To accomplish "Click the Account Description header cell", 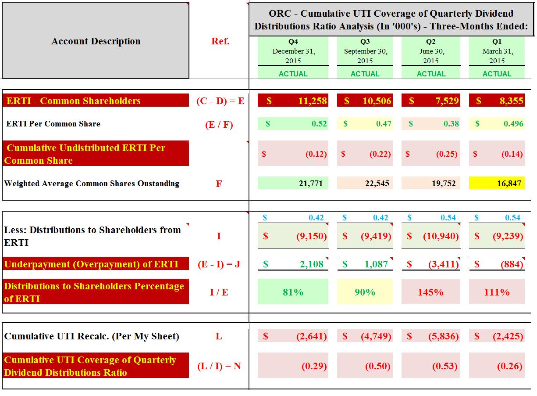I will [96, 41].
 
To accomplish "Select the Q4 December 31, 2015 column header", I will [293, 51].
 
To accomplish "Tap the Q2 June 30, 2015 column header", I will [430, 51].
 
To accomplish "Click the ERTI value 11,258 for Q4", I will [293, 101].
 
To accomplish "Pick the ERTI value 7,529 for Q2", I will [431, 101].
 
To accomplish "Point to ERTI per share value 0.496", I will [497, 124].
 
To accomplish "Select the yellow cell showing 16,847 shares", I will [497, 184].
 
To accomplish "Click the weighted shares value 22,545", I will [365, 184].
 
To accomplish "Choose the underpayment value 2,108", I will [293, 264].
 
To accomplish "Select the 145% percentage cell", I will [430, 292].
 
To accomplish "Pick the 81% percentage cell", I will [293, 292].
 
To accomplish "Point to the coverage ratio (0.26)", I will [497, 366].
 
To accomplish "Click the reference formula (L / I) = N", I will [219, 366].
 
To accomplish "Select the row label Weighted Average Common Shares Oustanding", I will [92, 184].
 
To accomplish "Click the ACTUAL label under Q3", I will [365, 74].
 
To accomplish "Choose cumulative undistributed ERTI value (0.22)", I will [365, 154].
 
